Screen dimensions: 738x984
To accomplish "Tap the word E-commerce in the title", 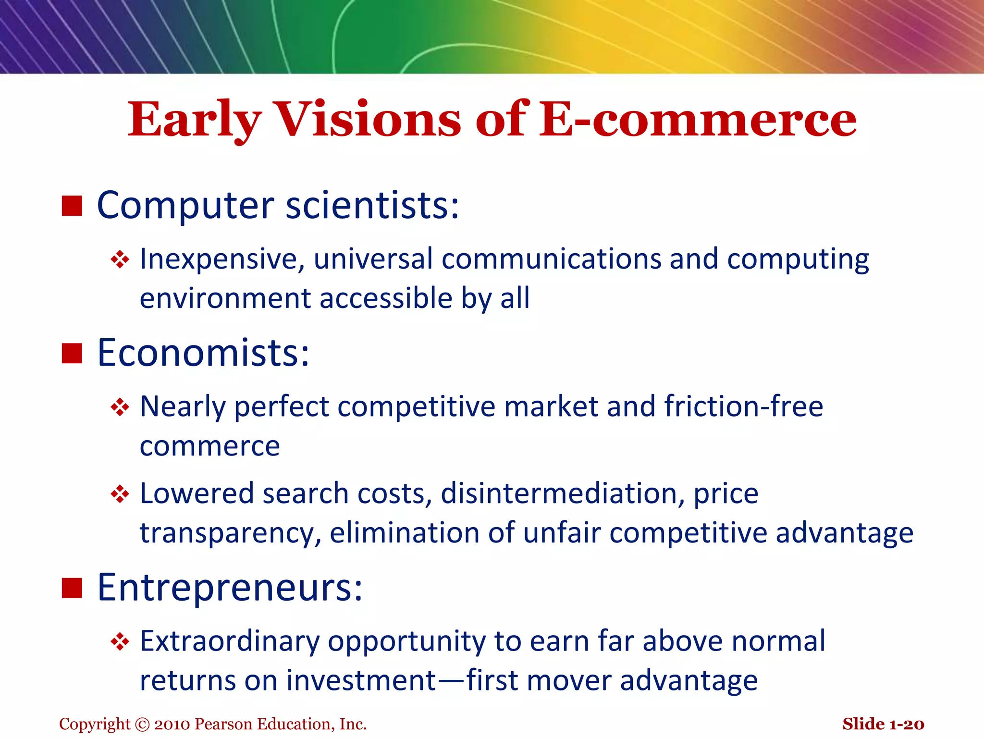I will click(x=698, y=120).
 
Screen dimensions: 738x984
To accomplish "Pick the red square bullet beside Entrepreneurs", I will click(x=72, y=588).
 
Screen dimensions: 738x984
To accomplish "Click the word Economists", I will click(x=203, y=353).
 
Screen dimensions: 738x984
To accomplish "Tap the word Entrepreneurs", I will click(x=230, y=588).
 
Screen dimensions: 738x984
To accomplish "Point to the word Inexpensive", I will click(x=222, y=259).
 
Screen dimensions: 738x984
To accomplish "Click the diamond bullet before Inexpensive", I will click(x=120, y=260).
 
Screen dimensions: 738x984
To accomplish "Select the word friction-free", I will click(x=743, y=406).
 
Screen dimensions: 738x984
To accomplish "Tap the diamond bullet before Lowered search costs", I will click(x=120, y=494).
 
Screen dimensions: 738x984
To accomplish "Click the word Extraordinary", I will click(x=230, y=641).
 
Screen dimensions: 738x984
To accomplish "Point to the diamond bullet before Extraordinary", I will click(x=120, y=642).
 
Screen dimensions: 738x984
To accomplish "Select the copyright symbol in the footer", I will click(x=143, y=725).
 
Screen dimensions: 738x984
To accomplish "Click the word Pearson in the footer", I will click(x=224, y=725).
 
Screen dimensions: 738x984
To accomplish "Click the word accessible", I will click(x=386, y=299).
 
